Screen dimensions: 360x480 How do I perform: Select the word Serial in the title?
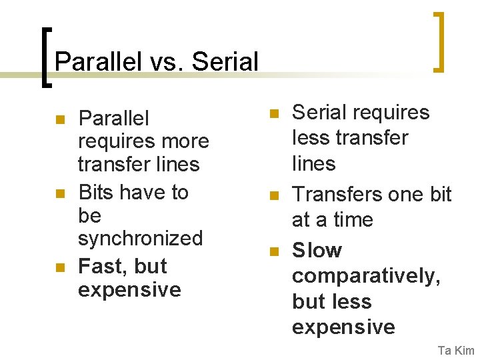(x=225, y=62)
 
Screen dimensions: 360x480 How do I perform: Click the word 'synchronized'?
(x=140, y=238)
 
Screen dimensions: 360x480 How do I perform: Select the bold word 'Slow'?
(x=317, y=251)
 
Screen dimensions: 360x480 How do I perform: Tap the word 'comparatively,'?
(x=366, y=276)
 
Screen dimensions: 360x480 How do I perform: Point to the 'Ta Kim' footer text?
(x=456, y=351)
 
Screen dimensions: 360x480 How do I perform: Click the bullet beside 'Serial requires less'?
(x=272, y=114)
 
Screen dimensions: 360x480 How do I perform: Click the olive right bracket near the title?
(x=439, y=41)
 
